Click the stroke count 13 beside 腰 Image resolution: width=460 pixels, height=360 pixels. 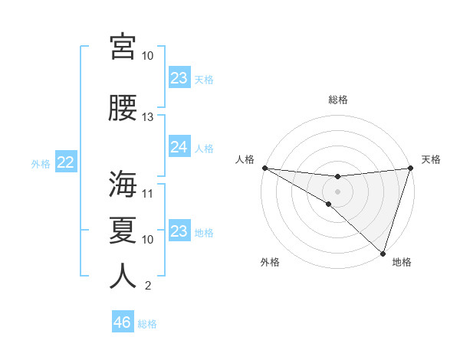(148, 117)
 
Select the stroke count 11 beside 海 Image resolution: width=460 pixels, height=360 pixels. (148, 193)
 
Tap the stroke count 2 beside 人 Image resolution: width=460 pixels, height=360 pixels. (148, 286)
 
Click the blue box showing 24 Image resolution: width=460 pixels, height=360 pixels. (179, 147)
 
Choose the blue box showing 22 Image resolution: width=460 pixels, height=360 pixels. (66, 162)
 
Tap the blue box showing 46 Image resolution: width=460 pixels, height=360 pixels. (123, 322)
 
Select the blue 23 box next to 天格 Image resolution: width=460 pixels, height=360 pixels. (179, 78)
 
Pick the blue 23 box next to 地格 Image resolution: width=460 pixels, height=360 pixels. (179, 231)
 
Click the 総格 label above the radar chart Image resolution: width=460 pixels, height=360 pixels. (338, 100)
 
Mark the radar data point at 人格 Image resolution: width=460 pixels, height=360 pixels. (264, 168)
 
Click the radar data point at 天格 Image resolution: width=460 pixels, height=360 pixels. (411, 169)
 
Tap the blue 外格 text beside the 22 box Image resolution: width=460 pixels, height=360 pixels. (41, 163)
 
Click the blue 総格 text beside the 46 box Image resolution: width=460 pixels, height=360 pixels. (147, 324)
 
